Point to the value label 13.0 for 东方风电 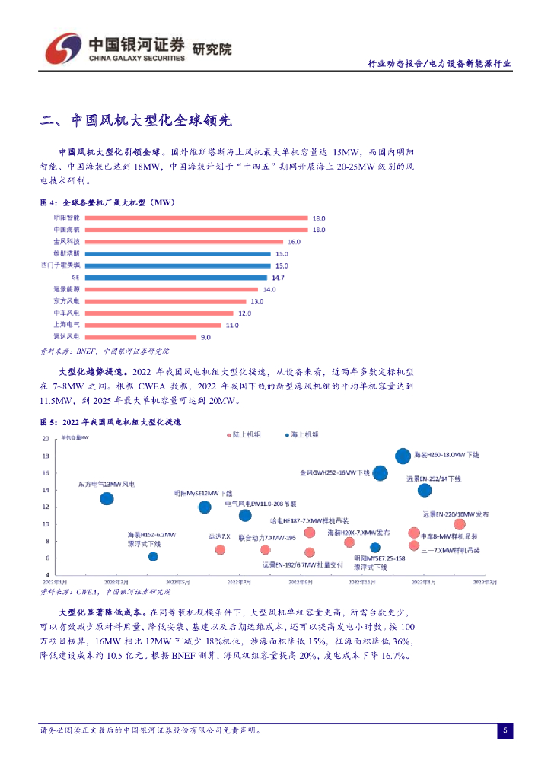tap(256, 302)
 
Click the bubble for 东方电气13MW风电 tap(107, 499)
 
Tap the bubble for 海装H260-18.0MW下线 tap(403, 456)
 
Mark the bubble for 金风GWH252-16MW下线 tap(380, 473)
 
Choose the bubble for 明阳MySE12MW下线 tap(205, 507)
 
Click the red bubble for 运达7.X tap(220, 549)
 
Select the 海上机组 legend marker tap(287, 434)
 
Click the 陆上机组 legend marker tap(229, 434)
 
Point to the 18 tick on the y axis tap(45, 456)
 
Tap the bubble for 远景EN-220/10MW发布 tap(459, 524)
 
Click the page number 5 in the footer tap(505, 731)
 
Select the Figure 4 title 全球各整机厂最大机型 tap(107, 203)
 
